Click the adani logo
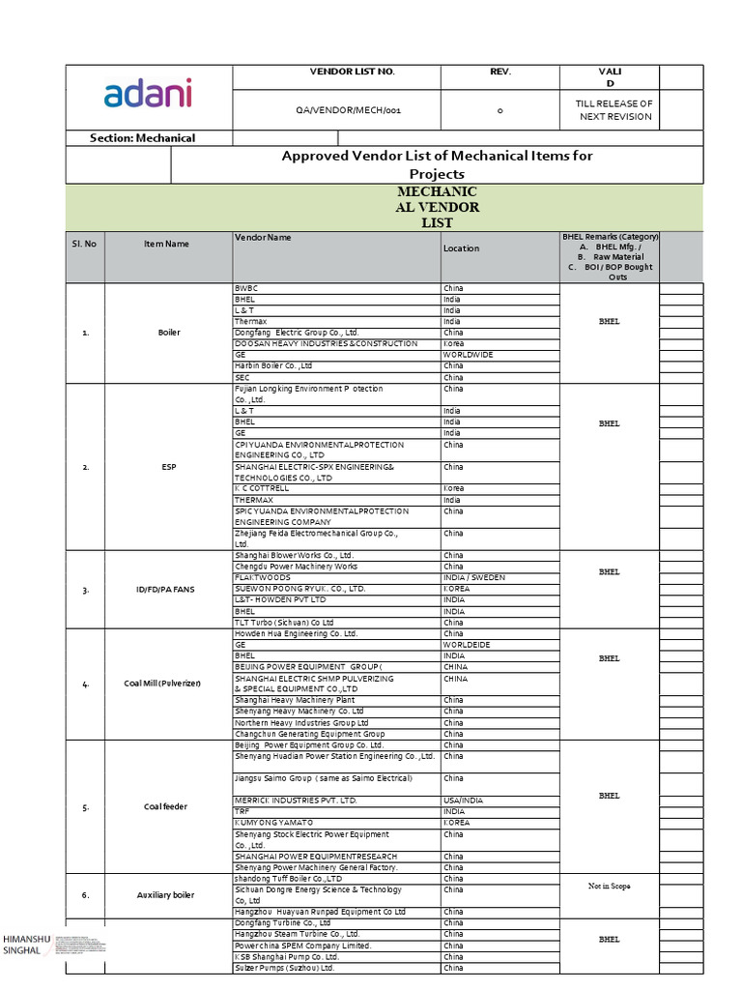tap(148, 94)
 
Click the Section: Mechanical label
tap(142, 138)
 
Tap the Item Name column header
tap(166, 244)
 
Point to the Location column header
tap(461, 248)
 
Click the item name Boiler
tap(168, 333)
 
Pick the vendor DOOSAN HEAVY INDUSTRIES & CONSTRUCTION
tap(326, 344)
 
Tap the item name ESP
tap(168, 467)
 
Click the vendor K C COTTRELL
tap(262, 489)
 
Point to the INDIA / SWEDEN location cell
tap(474, 577)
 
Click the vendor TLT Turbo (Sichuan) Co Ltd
tap(283, 623)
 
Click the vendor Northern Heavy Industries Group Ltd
tap(301, 723)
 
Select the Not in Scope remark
tap(609, 887)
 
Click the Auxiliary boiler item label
tap(165, 895)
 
